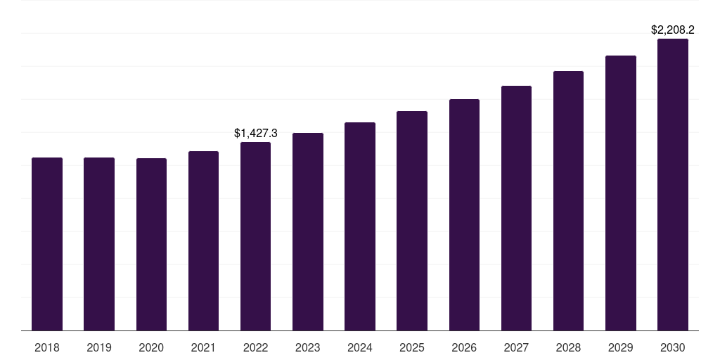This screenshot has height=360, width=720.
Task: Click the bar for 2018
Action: pos(47,244)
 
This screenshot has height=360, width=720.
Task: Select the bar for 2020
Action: pos(151,244)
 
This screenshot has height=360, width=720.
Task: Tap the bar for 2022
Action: pos(255,236)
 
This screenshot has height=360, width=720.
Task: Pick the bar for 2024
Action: pos(360,226)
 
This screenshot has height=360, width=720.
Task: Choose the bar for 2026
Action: pos(464,214)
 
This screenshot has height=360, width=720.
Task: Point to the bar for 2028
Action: pos(568,200)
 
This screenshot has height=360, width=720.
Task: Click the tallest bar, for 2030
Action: pos(673,184)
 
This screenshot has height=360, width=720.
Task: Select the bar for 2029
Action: pos(621,193)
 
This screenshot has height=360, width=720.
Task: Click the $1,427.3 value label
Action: pos(256,133)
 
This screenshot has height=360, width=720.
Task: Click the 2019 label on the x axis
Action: pos(99,347)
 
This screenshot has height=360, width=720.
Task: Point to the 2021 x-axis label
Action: pos(203,347)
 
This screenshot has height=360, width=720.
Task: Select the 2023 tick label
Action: pos(308,347)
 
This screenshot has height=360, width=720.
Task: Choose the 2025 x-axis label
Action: pos(412,347)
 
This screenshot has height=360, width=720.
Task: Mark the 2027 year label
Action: pos(516,347)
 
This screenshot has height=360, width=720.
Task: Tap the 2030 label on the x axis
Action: pos(673,347)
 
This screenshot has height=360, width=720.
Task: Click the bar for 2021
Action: pos(203,240)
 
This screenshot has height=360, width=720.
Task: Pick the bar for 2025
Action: pos(412,221)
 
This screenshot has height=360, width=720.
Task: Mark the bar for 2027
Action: pos(516,208)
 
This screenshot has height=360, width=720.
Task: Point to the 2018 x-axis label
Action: pos(47,347)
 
